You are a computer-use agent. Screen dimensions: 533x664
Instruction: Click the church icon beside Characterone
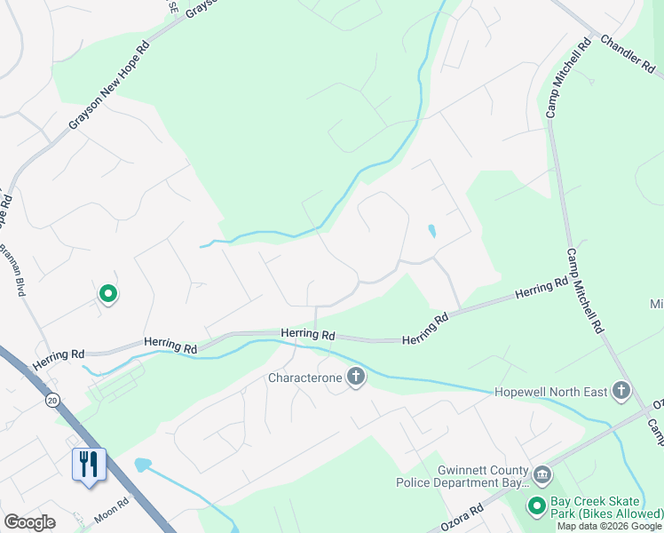tap(356, 378)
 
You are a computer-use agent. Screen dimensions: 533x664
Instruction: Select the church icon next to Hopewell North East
tap(621, 391)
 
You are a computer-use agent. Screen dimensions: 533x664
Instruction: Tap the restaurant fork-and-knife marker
tap(90, 464)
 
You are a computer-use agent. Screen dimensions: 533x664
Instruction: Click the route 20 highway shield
tap(53, 401)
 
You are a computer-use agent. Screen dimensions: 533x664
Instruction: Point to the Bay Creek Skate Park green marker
tap(536, 506)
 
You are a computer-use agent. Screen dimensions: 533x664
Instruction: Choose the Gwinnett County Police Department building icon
tap(541, 476)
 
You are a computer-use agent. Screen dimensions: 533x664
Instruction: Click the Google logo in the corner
tap(29, 522)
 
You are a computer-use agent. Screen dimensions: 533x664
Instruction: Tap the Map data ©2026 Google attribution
tap(610, 526)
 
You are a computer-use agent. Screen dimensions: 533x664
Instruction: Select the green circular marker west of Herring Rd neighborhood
tap(108, 292)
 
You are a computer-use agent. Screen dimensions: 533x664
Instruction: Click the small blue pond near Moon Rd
tap(142, 465)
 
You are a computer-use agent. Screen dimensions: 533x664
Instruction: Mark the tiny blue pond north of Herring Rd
tap(431, 231)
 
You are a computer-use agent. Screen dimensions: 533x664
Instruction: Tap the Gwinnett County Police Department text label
tap(462, 476)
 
